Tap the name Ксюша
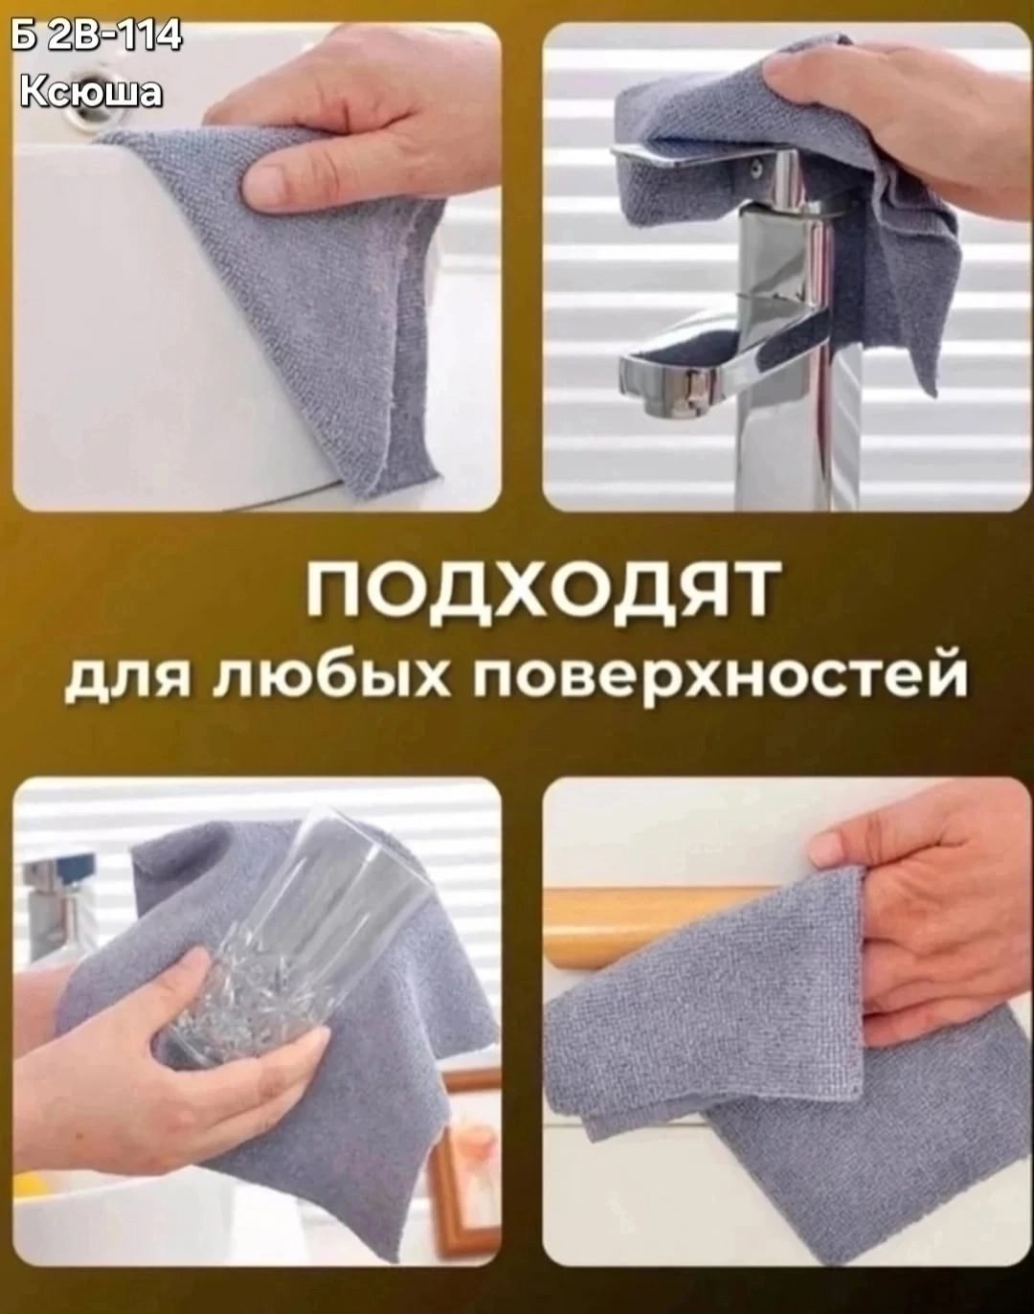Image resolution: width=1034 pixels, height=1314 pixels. [92, 92]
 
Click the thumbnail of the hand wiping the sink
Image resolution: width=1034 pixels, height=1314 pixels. [257, 267]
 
